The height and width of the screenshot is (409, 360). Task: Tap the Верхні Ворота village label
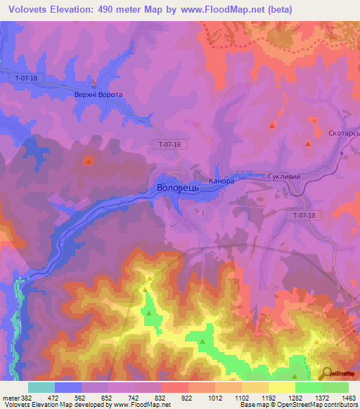(98, 94)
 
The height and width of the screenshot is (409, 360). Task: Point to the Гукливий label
(284, 177)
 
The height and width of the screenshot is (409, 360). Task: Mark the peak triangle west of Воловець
(88, 161)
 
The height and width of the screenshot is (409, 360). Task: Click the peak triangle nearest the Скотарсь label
(308, 144)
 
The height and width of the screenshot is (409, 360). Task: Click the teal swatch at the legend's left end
(41, 387)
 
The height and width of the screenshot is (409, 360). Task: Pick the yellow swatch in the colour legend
(281, 387)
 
